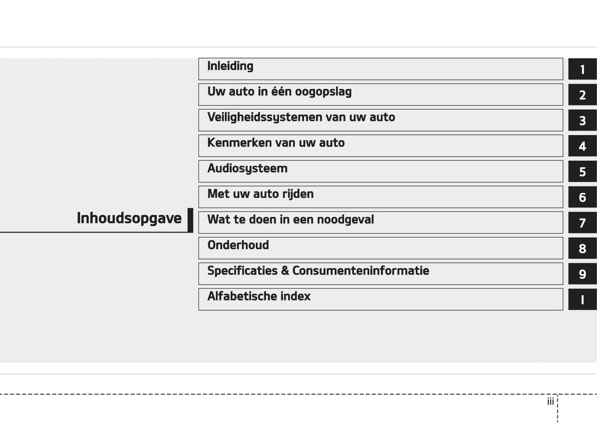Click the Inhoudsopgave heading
(x=129, y=218)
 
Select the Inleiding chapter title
(x=230, y=66)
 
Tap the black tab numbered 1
(x=582, y=69)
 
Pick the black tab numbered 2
(x=582, y=95)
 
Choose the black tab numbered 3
(x=582, y=121)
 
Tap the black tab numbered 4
(x=582, y=146)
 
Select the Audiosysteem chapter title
(x=247, y=169)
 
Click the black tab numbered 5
(x=582, y=172)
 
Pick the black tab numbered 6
(x=582, y=198)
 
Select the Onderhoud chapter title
(x=238, y=245)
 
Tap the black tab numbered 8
(x=582, y=249)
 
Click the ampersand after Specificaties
(x=285, y=271)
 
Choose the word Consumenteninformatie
(x=360, y=271)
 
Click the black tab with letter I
(x=582, y=300)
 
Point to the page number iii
(x=550, y=402)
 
